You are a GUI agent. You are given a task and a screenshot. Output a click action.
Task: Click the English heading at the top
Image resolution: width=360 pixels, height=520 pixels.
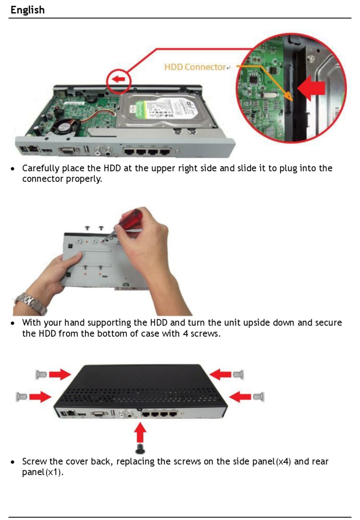27,10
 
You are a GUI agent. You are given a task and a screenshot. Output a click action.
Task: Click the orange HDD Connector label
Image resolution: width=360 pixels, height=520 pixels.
195,67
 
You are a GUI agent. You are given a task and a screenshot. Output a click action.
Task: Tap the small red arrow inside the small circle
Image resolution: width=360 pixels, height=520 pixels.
119,79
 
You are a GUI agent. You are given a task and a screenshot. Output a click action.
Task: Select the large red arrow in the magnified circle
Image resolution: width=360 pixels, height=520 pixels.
311,88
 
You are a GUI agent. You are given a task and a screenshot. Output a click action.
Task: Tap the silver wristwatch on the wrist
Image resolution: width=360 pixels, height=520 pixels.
31,303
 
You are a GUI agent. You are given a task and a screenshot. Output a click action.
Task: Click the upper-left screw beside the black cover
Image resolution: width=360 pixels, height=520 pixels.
41,374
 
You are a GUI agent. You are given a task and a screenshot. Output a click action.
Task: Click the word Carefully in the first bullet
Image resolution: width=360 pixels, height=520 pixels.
41,169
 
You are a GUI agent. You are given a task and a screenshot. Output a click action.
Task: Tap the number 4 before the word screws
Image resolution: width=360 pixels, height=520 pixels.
185,334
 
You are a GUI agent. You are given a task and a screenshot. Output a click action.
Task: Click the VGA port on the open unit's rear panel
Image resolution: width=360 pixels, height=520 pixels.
68,150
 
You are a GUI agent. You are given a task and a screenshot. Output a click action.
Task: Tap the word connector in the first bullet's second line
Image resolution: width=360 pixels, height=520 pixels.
43,179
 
